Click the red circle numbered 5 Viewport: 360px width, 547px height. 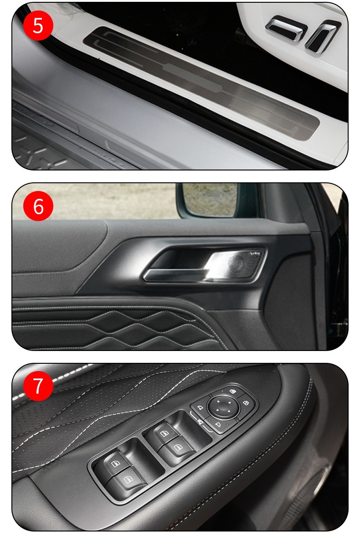tap(38, 26)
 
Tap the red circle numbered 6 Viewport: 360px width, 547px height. tap(38, 206)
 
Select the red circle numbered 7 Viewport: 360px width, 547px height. tap(38, 386)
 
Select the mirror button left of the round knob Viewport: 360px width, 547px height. tap(200, 408)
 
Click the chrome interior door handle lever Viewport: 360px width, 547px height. tap(175, 275)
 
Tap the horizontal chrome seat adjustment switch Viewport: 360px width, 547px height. tap(286, 28)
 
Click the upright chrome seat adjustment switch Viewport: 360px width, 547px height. tap(322, 36)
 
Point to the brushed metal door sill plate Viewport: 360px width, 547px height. tap(201, 83)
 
